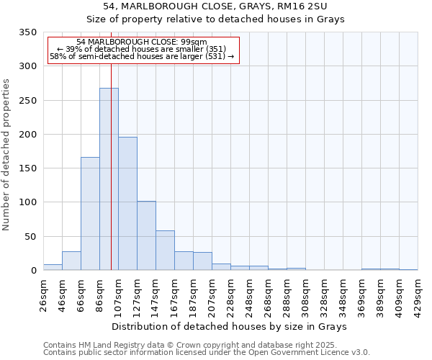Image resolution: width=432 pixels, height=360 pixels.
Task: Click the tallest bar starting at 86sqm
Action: [x=109, y=179]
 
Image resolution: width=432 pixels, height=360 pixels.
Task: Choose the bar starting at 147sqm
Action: [x=165, y=251]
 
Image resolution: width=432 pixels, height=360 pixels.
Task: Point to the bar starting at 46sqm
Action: [x=71, y=261]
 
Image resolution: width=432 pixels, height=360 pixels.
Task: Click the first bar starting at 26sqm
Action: [x=53, y=267]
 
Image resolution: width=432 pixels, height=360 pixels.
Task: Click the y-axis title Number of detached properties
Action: [x=6, y=156]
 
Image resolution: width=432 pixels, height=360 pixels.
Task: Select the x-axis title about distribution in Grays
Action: [x=230, y=327]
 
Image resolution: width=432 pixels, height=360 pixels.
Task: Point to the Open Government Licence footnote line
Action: [x=207, y=353]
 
